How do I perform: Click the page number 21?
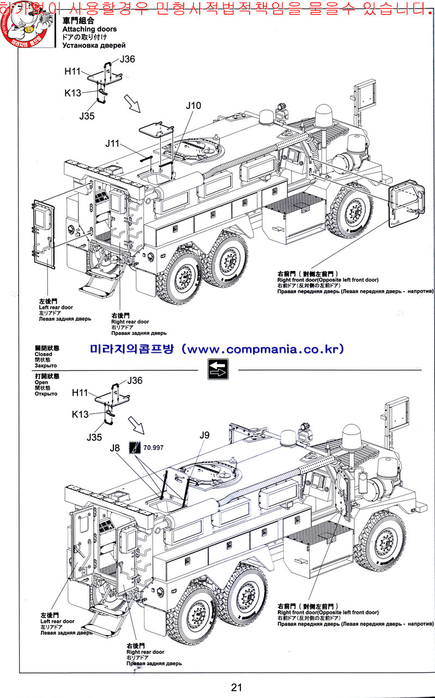click(x=236, y=687)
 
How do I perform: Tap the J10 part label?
click(x=193, y=106)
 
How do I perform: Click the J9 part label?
click(x=204, y=435)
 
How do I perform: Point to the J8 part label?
click(x=115, y=448)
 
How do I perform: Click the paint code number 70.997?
click(x=154, y=448)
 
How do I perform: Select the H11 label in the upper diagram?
click(x=72, y=71)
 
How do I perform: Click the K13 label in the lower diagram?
click(x=80, y=414)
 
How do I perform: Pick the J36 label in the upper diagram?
click(x=127, y=59)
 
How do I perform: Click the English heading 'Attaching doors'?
click(x=89, y=29)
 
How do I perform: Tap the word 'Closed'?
click(x=44, y=354)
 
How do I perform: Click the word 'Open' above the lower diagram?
click(x=41, y=382)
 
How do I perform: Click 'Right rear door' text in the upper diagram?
click(x=130, y=322)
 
